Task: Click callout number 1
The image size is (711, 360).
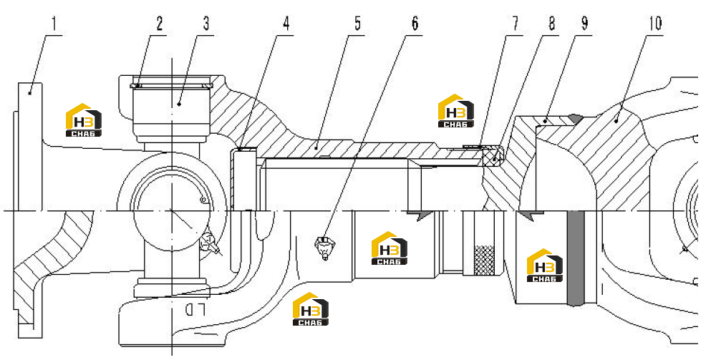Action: coord(54,24)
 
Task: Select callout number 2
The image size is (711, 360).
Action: coord(160,24)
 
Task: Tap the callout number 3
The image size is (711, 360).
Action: coord(206,24)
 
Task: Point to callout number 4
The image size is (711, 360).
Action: coord(286,24)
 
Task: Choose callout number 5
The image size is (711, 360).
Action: coord(358,24)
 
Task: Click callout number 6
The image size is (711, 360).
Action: coord(415,24)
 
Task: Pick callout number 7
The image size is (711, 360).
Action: coord(516,24)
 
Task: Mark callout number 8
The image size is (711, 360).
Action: coord(551,24)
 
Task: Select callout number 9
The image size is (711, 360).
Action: coord(585,24)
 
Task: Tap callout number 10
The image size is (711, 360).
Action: coord(654,24)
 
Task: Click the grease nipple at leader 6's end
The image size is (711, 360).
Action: coord(324,248)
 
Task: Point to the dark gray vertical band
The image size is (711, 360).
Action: coord(575,258)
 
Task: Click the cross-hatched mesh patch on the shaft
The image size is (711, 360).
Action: coord(484,260)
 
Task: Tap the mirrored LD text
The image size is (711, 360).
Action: coord(195,310)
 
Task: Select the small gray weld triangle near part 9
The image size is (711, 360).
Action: coord(575,119)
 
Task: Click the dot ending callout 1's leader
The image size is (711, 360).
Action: coord(30,92)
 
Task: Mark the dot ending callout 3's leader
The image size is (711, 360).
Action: coord(179,104)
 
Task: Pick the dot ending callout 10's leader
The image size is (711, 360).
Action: coord(616,120)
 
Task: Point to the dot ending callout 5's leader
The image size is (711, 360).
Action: coord(316,147)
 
